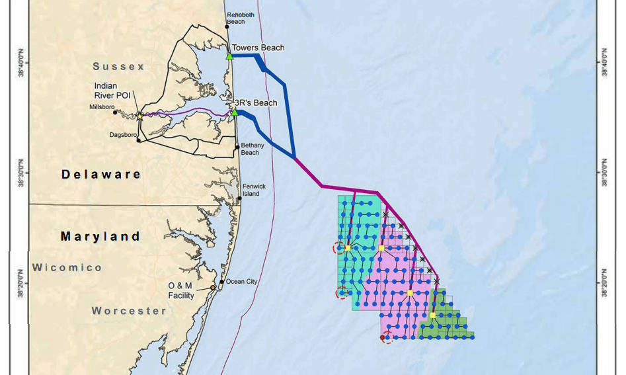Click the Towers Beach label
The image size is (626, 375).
click(258, 48)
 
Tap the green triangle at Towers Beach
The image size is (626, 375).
click(229, 56)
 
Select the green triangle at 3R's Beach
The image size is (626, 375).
click(234, 112)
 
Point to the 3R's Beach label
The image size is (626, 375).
click(256, 103)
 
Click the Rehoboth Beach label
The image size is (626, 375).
click(236, 18)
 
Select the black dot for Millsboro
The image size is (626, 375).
click(115, 112)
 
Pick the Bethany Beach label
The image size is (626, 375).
click(250, 149)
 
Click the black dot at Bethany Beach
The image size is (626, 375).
click(237, 147)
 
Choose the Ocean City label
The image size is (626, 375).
click(241, 282)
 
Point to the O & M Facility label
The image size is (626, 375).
click(180, 290)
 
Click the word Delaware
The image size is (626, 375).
click(101, 175)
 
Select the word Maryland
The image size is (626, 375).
click(100, 236)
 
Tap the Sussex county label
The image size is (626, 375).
click(118, 67)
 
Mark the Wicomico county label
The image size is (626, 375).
click(67, 268)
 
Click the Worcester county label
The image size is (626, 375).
click(129, 311)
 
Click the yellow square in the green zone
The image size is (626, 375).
click(433, 315)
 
